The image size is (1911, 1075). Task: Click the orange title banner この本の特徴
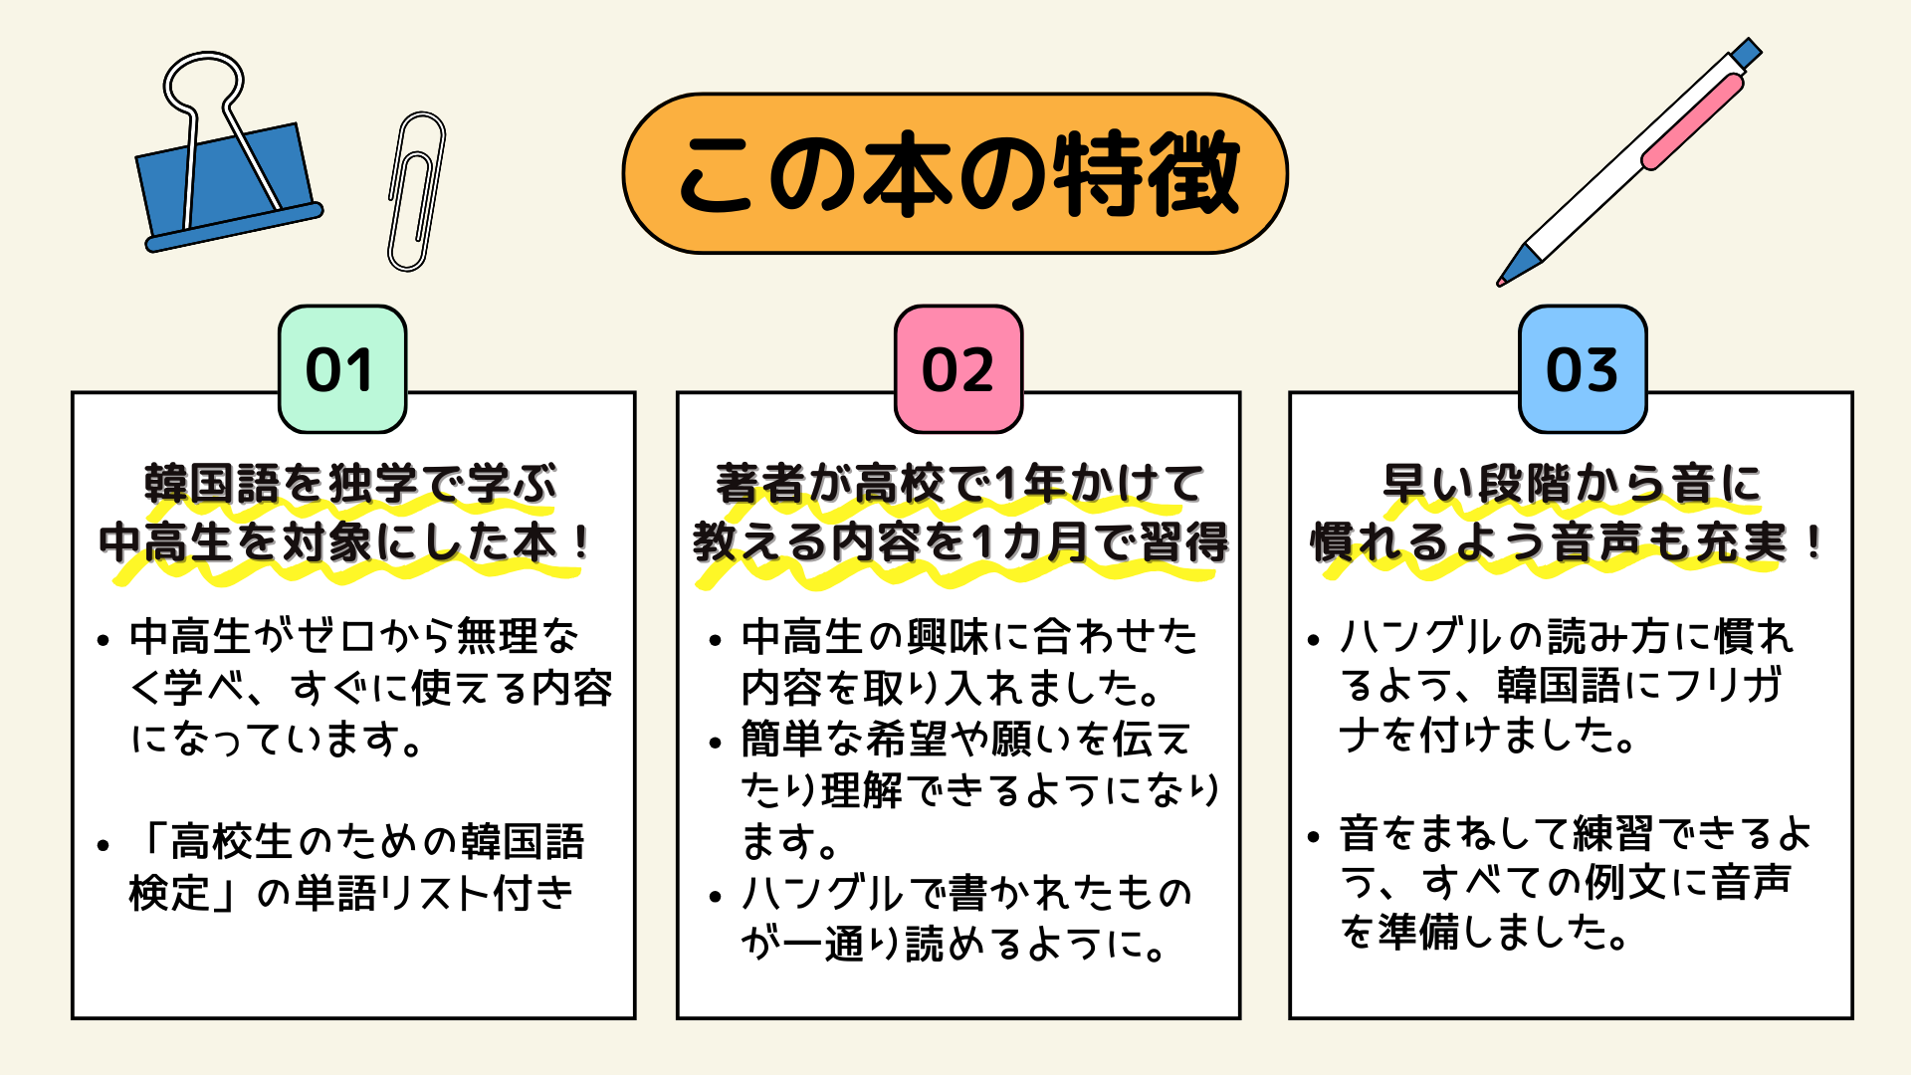955,173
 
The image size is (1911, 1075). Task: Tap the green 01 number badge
342,369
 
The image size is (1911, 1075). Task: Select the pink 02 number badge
958,369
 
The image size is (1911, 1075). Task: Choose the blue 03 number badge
1583,369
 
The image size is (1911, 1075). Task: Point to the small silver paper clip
415,192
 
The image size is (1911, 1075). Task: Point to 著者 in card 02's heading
760,485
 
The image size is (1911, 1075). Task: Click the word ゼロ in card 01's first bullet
335,637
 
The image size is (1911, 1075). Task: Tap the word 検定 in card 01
169,893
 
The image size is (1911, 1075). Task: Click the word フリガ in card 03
1723,685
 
